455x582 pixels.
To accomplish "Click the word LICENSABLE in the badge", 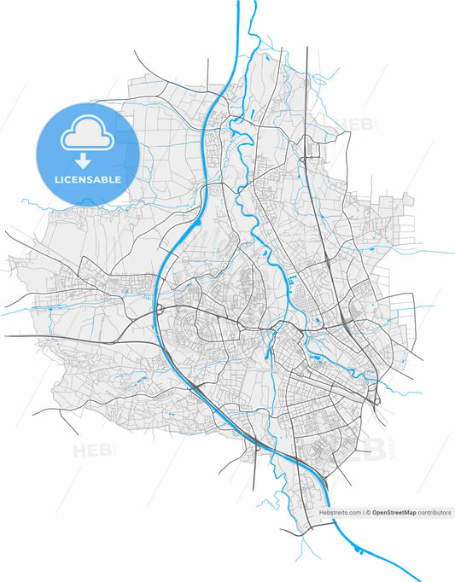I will [x=87, y=180].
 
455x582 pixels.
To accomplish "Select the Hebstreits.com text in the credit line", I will [x=340, y=513].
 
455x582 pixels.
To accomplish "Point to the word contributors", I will [x=434, y=513].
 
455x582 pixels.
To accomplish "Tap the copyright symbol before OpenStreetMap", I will [x=368, y=513].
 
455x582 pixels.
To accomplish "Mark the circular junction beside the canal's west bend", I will [x=160, y=309].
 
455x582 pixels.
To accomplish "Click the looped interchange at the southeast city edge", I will [x=376, y=398].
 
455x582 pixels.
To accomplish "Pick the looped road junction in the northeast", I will [x=304, y=158].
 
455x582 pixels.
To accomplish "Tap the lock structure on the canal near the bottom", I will [x=256, y=443].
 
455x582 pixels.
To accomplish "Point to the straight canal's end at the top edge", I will [x=237, y=3].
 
